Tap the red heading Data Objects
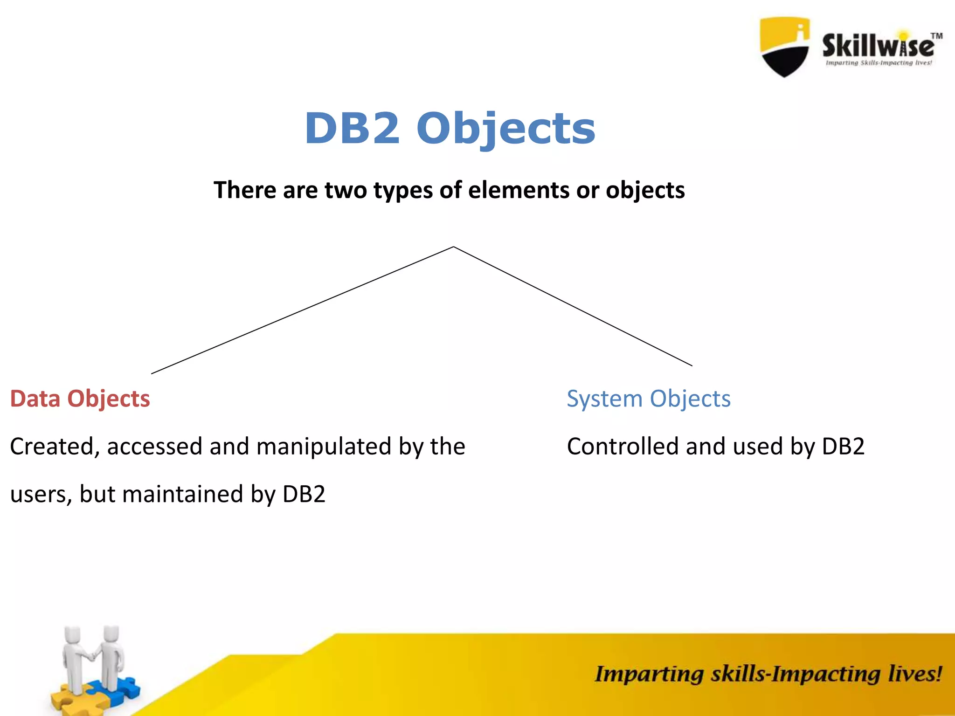point(80,399)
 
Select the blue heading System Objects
point(648,399)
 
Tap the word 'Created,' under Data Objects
point(55,447)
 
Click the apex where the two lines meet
point(453,247)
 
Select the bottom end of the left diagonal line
point(152,373)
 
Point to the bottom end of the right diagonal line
point(691,365)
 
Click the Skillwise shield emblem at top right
point(784,47)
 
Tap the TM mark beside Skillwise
point(936,36)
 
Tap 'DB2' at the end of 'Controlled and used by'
point(843,447)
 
